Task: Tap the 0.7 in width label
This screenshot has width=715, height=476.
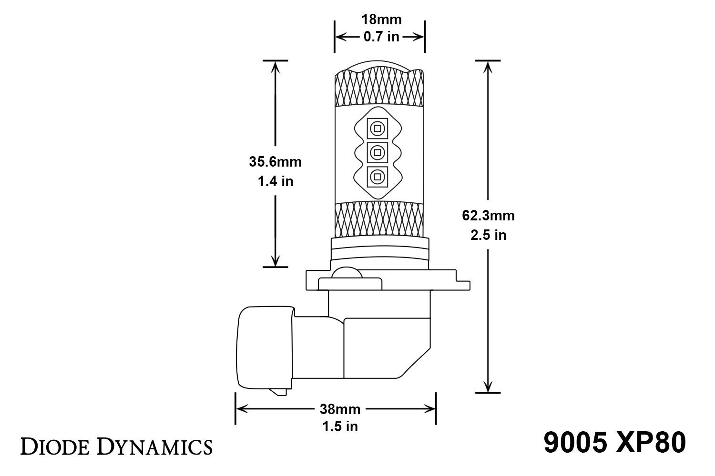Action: (x=381, y=37)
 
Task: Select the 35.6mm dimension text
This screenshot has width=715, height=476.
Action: (x=275, y=162)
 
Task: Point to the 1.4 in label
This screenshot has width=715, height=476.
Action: (x=275, y=181)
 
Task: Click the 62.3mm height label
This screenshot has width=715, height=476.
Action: (x=488, y=216)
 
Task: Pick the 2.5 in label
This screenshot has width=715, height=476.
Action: (x=488, y=235)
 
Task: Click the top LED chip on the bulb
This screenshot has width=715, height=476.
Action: (x=377, y=128)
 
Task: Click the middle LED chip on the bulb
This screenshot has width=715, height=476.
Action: (x=377, y=152)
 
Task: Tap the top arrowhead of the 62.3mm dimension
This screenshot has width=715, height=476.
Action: (x=488, y=67)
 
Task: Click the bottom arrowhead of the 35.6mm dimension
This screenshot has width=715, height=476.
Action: (x=275, y=260)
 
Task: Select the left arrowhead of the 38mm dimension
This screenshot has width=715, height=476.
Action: (x=241, y=408)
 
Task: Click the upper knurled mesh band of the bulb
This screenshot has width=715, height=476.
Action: (x=379, y=88)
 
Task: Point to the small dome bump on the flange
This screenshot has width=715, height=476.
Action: (x=347, y=274)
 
